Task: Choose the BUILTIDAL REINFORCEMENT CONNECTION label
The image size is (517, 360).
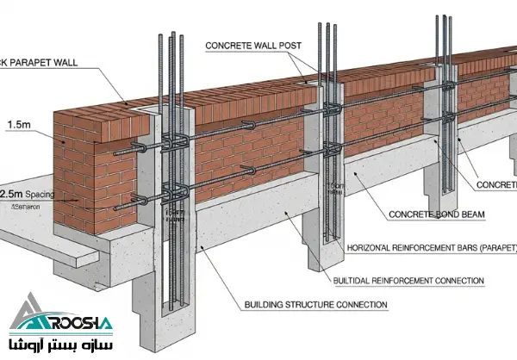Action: pyautogui.click(x=408, y=281)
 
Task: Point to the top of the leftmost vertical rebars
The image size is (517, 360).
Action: pyautogui.click(x=169, y=39)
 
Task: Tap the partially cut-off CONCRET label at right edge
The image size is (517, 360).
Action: pyautogui.click(x=497, y=184)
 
